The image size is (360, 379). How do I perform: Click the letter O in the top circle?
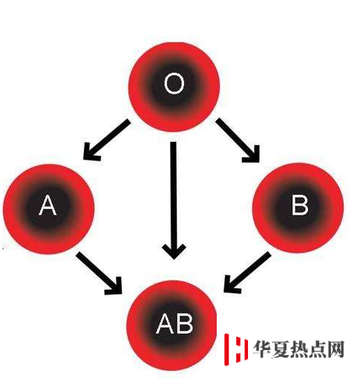(174, 83)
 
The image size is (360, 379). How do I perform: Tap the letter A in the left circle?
(48, 204)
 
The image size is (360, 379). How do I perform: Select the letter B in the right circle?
(300, 204)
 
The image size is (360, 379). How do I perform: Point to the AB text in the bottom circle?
(174, 323)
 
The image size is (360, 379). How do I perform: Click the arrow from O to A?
(106, 140)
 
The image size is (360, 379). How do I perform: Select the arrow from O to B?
(238, 140)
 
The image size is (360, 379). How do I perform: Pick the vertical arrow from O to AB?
(174, 201)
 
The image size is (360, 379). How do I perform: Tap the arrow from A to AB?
(99, 273)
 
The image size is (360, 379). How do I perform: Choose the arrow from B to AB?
(247, 273)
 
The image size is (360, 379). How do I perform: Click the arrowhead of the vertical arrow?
(174, 251)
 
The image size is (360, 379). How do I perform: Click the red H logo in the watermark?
(236, 349)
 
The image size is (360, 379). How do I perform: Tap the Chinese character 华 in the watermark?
(262, 349)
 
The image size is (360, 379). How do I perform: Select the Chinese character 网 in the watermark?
(336, 349)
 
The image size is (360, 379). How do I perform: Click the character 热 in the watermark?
(299, 349)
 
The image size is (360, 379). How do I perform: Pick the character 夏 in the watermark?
(281, 349)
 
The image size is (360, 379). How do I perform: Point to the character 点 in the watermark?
(317, 349)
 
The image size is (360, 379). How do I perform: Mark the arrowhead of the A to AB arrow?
(114, 287)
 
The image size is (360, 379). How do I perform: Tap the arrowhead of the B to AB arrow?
(231, 285)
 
